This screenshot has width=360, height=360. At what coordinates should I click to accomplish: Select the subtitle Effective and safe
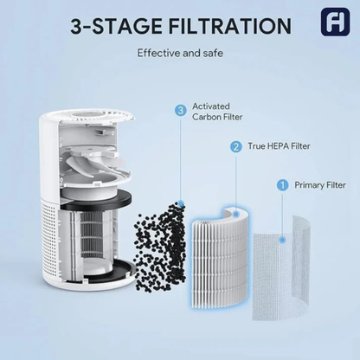(180, 53)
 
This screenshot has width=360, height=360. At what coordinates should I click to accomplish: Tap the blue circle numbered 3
(180, 110)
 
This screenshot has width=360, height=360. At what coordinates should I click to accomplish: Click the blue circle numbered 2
(235, 147)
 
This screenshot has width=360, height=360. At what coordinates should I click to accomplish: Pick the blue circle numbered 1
(281, 184)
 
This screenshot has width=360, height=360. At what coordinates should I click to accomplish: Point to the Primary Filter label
(320, 184)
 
